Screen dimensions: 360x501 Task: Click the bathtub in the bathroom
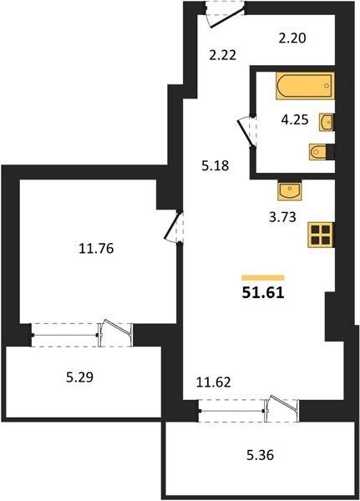306,86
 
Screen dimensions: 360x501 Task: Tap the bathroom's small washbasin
327,122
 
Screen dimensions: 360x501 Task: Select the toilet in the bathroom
317,151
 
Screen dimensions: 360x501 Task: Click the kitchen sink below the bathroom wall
290,190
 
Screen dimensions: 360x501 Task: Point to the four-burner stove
321,235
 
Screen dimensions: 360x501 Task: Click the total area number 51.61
263,293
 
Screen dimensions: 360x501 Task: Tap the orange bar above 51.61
263,277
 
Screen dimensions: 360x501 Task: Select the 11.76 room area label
96,248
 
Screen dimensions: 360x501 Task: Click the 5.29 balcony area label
79,377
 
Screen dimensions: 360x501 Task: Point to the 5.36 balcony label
260,455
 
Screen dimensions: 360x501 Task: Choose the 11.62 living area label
213,382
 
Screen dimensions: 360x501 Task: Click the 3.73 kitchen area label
282,217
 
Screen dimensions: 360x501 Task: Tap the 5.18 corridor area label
215,166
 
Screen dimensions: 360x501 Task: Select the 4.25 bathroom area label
295,119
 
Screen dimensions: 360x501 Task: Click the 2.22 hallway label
223,55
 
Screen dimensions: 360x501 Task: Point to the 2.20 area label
292,38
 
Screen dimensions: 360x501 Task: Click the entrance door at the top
228,16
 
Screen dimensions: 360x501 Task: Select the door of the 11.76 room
173,227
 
